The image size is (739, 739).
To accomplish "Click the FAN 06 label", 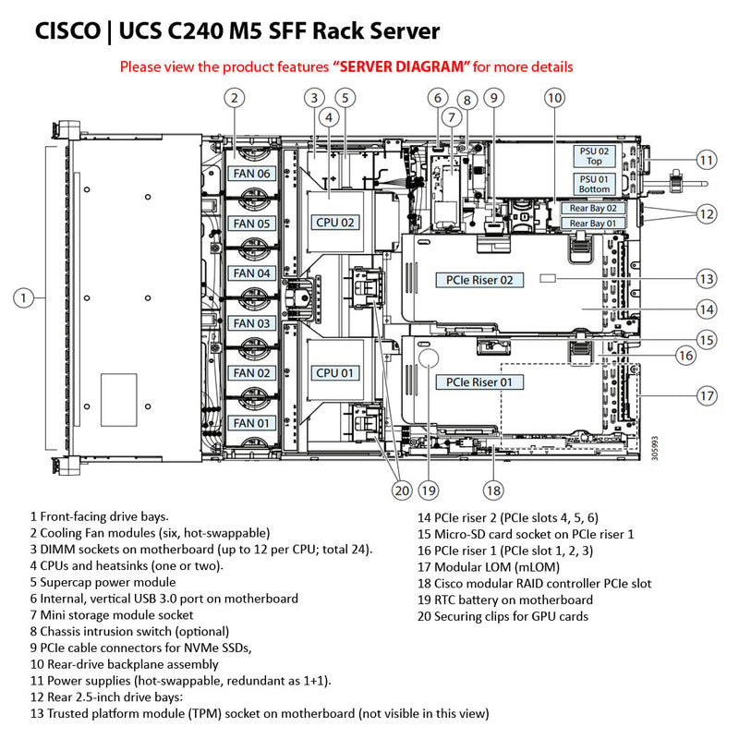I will coord(250,174).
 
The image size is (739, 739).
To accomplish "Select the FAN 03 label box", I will coord(250,323).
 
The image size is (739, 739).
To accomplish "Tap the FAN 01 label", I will coord(250,423).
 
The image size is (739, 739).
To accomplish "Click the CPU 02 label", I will coord(333,223).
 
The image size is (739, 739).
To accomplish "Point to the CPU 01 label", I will coord(333,373).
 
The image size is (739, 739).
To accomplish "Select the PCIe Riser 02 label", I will coord(479,279).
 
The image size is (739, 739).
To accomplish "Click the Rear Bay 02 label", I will coord(592,209).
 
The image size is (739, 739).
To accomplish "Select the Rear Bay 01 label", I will coord(592,224).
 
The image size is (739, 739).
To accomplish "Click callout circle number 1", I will coord(25,297).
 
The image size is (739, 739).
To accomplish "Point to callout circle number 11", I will coord(706,160).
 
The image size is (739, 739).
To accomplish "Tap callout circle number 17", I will coord(706,395).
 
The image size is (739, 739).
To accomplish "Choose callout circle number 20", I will coord(400,491).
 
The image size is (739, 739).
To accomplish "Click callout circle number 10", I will coord(553,97).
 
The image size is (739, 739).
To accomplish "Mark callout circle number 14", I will coord(706,309).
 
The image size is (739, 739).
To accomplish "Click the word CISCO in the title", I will coord(67,31).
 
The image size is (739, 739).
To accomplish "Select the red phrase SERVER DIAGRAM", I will coord(402,67).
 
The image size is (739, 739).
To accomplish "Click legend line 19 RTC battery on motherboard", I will coord(504,600).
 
